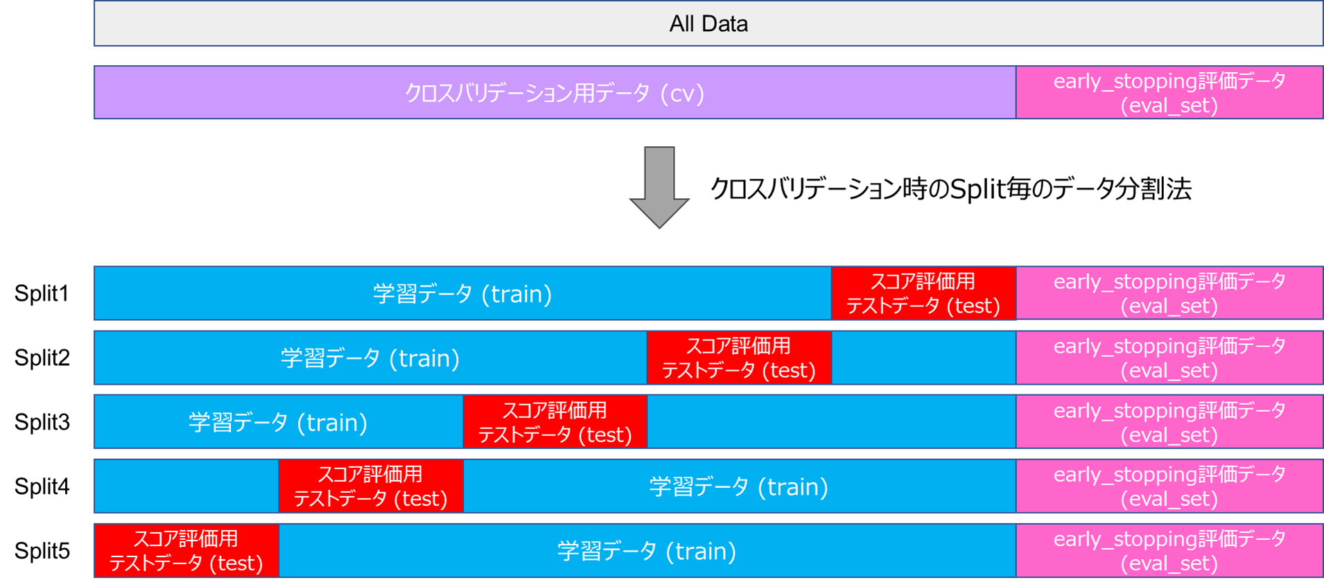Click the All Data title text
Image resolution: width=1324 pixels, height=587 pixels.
coord(708,24)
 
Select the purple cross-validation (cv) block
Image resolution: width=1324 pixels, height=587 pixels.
coord(555,93)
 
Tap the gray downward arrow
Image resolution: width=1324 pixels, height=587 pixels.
coord(659,187)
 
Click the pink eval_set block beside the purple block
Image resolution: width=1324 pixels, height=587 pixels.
coord(1169,93)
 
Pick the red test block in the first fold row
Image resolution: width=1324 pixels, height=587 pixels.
coord(923,293)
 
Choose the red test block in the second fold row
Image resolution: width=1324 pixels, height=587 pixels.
coord(739,358)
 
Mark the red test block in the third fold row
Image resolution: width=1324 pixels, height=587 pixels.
coord(555,422)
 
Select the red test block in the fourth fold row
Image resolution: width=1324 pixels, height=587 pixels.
coord(371,487)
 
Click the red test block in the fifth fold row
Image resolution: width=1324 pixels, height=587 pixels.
coord(186,551)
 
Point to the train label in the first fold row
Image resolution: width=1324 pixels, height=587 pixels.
coord(462,294)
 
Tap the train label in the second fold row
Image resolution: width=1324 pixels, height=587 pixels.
coord(370,358)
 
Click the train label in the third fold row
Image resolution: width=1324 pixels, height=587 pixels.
coord(278,423)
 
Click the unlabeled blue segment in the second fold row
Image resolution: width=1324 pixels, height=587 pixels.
coord(923,358)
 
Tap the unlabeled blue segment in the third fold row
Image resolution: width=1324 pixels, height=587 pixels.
coord(831,422)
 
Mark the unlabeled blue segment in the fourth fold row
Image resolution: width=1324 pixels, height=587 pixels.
coord(186,487)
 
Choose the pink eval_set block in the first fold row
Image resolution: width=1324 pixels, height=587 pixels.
coord(1169,293)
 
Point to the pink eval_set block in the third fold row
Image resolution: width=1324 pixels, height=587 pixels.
coord(1169,422)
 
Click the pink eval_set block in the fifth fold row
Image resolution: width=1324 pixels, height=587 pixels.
coord(1169,551)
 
